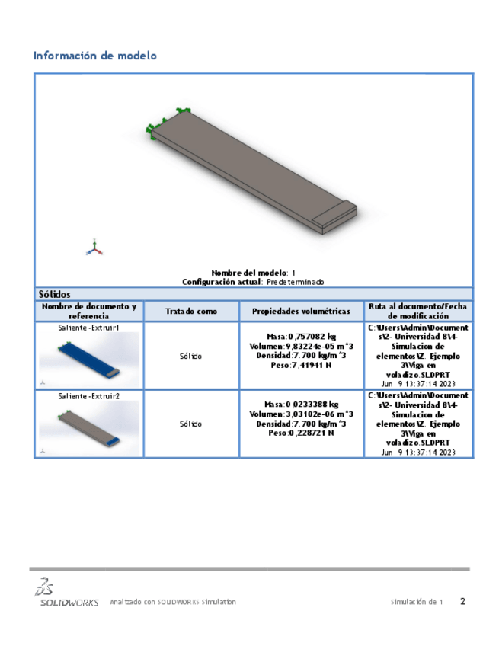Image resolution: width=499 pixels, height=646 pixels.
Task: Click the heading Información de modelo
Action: click(95, 56)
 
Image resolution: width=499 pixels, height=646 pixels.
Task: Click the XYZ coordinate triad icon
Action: click(94, 246)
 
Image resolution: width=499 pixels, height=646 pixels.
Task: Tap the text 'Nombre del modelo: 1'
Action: click(253, 273)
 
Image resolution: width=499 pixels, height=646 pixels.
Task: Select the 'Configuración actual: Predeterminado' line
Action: click(253, 282)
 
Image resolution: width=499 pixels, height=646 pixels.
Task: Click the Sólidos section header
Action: click(55, 294)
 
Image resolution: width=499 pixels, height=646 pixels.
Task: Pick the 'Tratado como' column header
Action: click(191, 312)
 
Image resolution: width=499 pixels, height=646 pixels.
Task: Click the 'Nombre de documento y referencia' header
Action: click(89, 312)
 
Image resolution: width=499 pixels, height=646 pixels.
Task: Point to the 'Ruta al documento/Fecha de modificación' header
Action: click(418, 312)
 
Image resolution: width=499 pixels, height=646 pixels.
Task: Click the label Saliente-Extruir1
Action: click(89, 327)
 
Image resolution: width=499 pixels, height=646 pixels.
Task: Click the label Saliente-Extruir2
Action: click(89, 396)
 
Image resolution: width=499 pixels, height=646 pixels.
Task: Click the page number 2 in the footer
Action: click(462, 601)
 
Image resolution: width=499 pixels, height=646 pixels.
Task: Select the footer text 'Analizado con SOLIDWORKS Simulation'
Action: click(173, 602)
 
